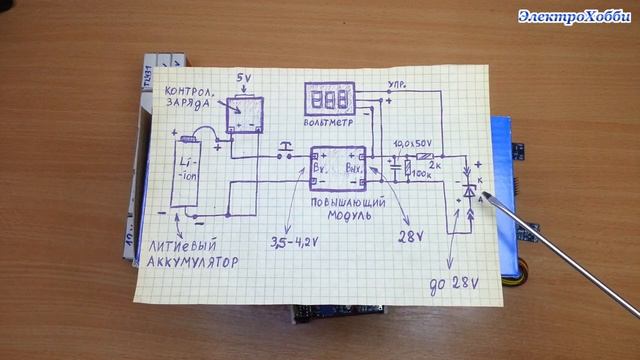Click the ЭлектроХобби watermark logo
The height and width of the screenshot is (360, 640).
tap(573, 15)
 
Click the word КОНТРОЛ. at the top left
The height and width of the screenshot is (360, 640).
tap(190, 88)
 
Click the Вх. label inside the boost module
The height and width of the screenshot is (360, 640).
tap(324, 167)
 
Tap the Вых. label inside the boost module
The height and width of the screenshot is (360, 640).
tap(353, 167)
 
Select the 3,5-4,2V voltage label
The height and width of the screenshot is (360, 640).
tap(296, 242)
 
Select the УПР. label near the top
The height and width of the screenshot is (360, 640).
tap(396, 86)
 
